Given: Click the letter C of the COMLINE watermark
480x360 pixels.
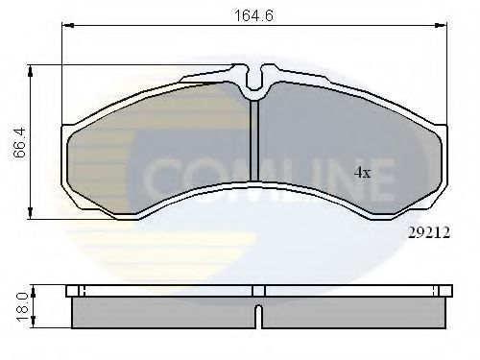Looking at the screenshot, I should click(166, 179).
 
